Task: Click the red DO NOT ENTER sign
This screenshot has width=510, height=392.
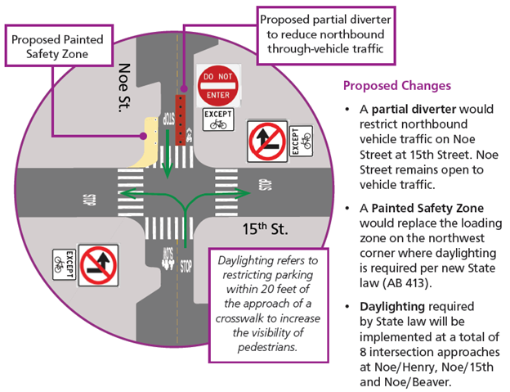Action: pyautogui.click(x=219, y=83)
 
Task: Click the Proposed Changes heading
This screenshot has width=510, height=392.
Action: pyautogui.click(x=397, y=86)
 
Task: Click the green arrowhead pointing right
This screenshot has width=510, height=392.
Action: pyautogui.click(x=244, y=194)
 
